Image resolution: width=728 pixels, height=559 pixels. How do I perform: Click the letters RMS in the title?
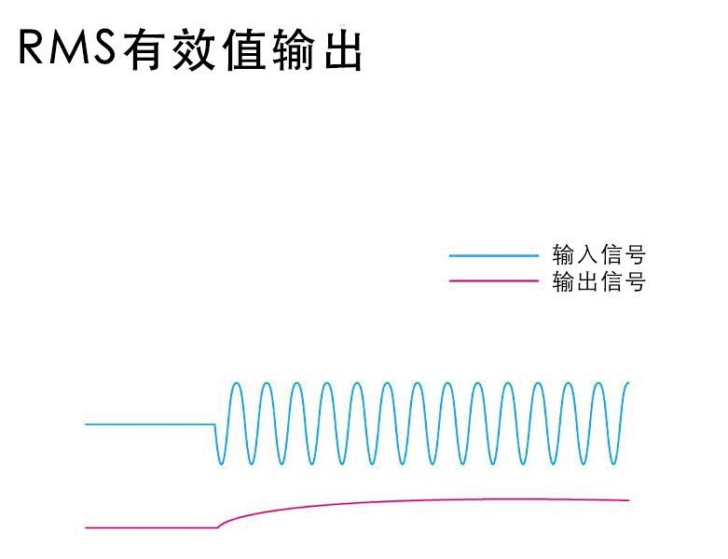coord(67,48)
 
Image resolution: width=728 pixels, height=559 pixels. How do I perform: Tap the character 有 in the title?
coord(144,49)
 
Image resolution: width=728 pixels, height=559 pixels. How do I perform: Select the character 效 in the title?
coord(194,49)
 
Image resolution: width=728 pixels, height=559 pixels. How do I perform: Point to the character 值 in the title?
coord(243,49)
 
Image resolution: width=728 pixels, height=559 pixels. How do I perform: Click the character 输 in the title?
coord(294,49)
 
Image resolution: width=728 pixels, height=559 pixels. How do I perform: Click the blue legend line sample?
coord(494,255)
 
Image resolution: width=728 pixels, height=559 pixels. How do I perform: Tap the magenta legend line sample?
coord(494,280)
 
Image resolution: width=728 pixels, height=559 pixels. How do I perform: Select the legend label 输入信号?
coord(599,254)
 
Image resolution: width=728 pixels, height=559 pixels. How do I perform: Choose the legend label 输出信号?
coord(599,281)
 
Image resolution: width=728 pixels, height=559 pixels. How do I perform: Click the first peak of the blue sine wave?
coord(237,383)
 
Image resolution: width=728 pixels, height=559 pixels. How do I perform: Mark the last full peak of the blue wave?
coord(598,383)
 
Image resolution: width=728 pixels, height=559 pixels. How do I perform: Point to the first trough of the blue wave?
coord(221,463)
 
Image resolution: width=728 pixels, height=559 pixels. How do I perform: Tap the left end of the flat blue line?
coord(86,424)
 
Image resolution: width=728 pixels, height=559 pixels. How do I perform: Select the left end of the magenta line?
coord(87,527)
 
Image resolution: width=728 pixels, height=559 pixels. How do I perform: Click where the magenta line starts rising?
coord(218,527)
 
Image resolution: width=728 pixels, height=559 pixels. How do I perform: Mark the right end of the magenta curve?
coord(628,500)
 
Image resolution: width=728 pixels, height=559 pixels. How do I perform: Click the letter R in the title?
coord(30,48)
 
